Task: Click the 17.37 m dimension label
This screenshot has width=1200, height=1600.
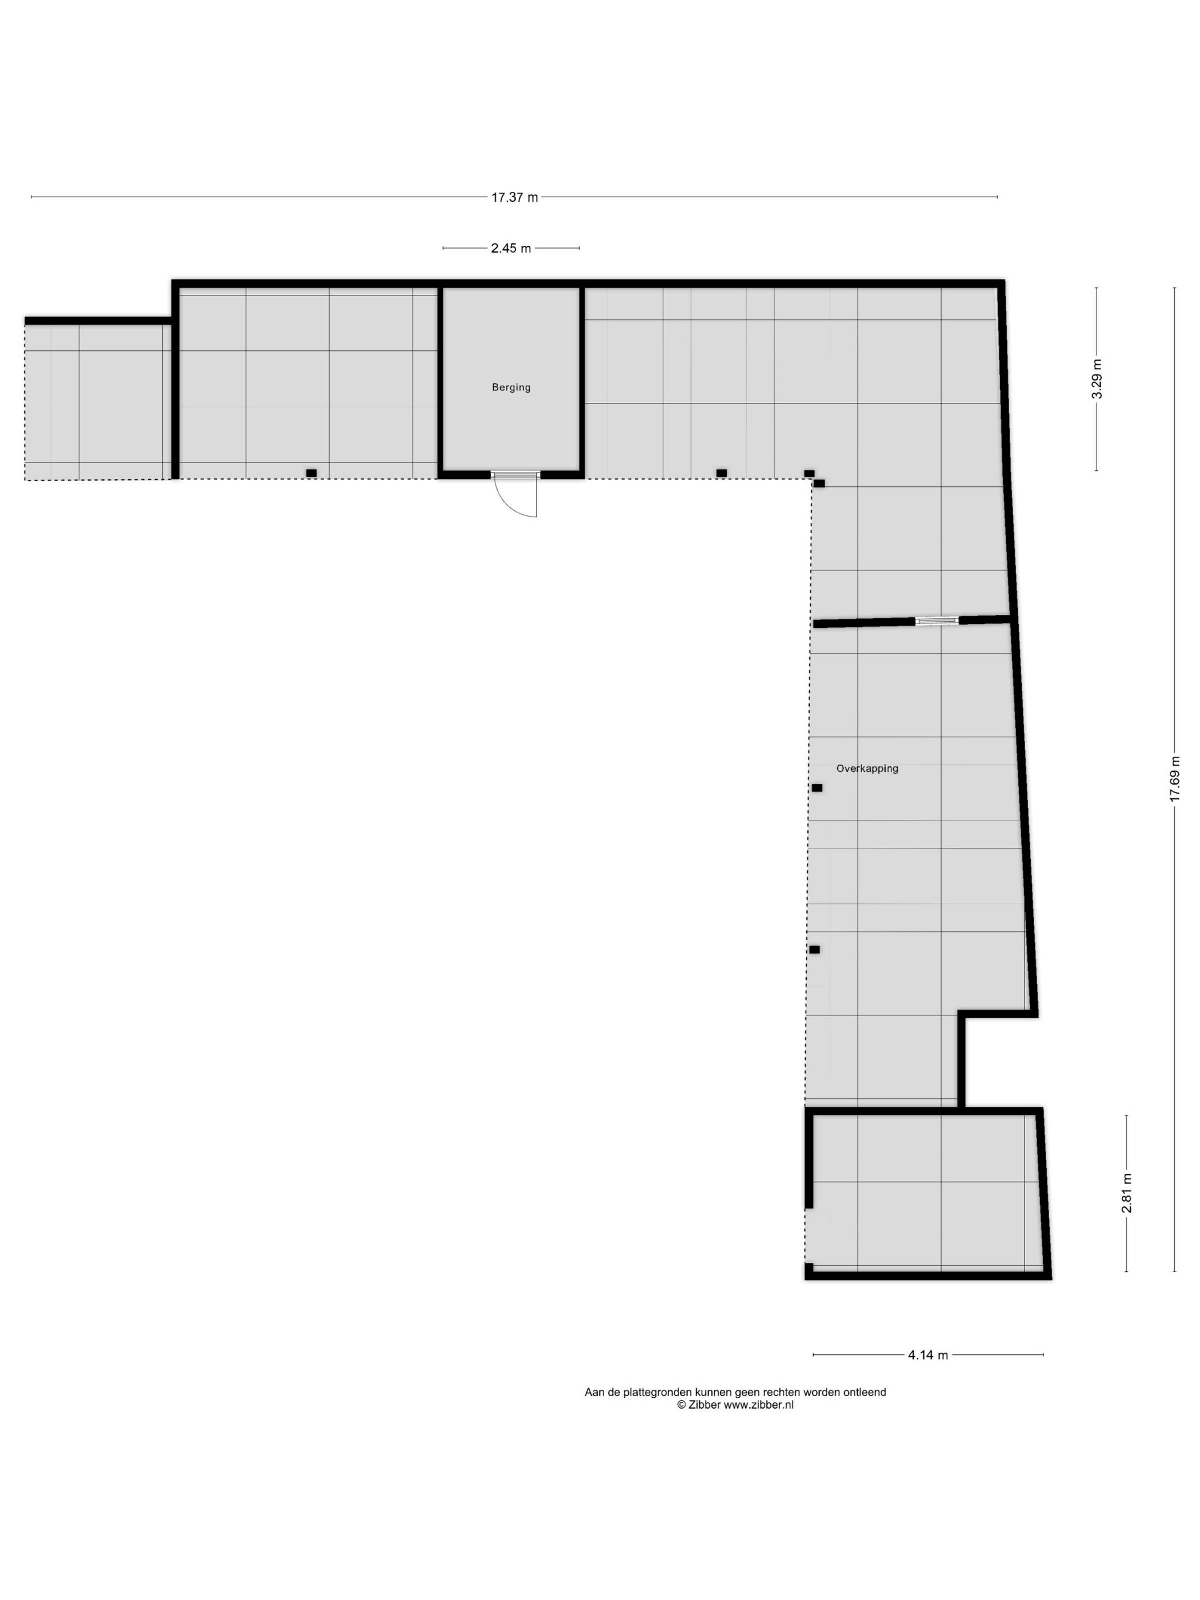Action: pyautogui.click(x=514, y=197)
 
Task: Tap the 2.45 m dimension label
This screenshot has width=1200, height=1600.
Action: pyautogui.click(x=511, y=248)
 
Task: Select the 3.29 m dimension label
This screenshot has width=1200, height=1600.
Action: pyautogui.click(x=1097, y=379)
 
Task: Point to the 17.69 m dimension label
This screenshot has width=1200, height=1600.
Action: pyautogui.click(x=1175, y=778)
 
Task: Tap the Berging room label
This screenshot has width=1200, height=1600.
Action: pyautogui.click(x=511, y=387)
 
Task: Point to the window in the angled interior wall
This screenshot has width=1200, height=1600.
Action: pyautogui.click(x=937, y=621)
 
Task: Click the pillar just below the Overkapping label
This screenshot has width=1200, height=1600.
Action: pyautogui.click(x=817, y=787)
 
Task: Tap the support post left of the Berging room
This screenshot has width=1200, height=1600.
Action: pyautogui.click(x=311, y=473)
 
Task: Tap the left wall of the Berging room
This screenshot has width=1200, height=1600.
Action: pyautogui.click(x=440, y=380)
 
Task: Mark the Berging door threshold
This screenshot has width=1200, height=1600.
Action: pyautogui.click(x=515, y=474)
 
